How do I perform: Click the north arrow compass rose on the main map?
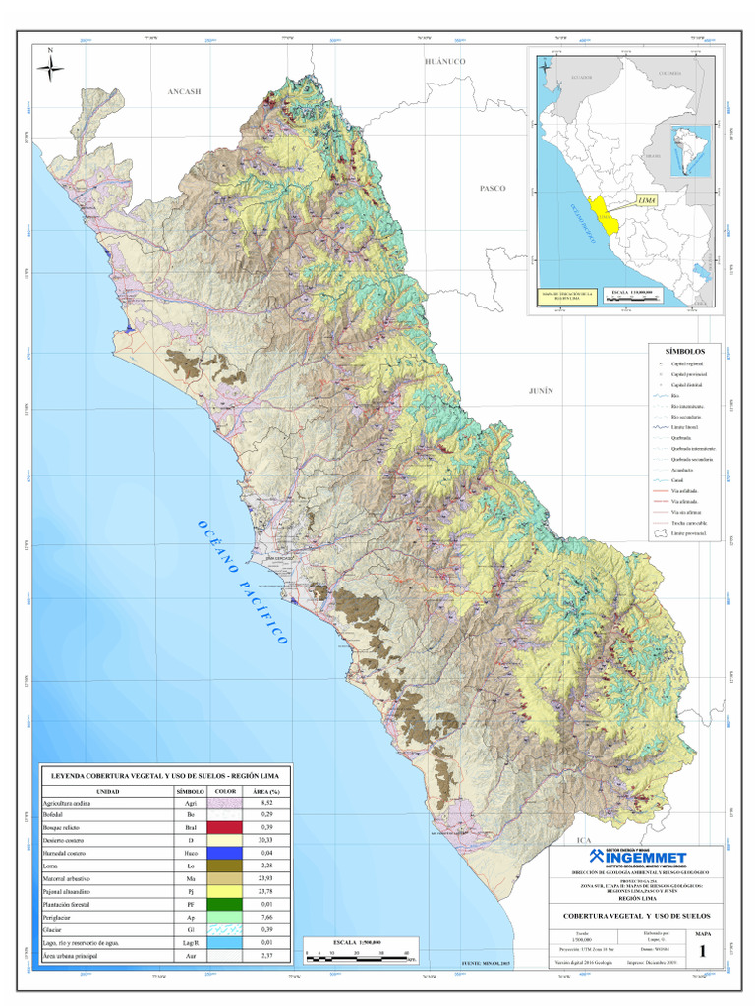click(x=50, y=67)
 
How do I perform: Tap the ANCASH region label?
click(x=184, y=91)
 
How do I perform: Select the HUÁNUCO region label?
click(x=443, y=61)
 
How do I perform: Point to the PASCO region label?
click(x=492, y=187)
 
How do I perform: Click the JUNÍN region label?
click(x=542, y=390)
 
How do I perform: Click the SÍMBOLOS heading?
click(x=685, y=351)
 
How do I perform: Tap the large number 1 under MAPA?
click(x=703, y=951)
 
